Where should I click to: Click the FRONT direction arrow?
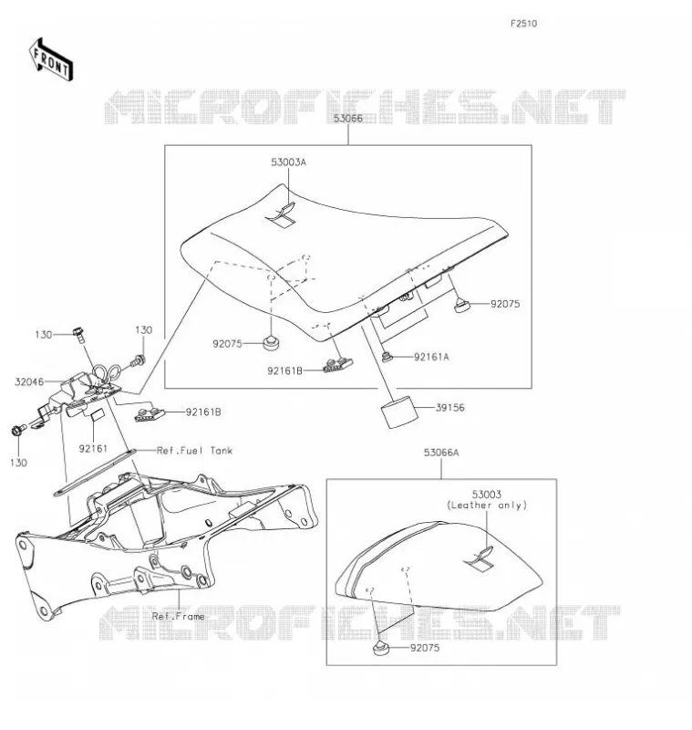[x=51, y=60]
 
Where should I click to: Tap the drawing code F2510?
[x=523, y=24]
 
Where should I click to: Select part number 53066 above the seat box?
[x=348, y=119]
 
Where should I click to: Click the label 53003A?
[x=289, y=162]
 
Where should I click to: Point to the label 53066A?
[x=441, y=453]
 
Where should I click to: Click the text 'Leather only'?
[x=487, y=506]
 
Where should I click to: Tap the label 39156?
[x=450, y=408]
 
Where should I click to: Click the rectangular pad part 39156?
[x=399, y=412]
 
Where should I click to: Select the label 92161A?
[x=431, y=357]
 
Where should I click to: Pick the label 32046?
[x=29, y=382]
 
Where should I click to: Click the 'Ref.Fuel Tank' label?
[x=194, y=451]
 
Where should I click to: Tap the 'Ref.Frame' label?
[x=178, y=617]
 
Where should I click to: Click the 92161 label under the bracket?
[x=93, y=449]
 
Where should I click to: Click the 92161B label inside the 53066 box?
[x=284, y=371]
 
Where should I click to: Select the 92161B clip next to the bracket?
[x=150, y=414]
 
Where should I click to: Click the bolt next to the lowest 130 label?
[x=18, y=430]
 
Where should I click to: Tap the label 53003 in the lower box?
[x=487, y=495]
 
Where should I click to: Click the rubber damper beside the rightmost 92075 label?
[x=462, y=306]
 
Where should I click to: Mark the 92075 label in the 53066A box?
[x=425, y=648]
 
